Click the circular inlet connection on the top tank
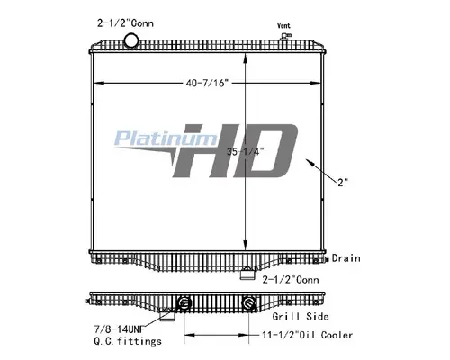[131, 41]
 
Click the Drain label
[345, 258]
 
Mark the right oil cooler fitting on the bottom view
[247, 302]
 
